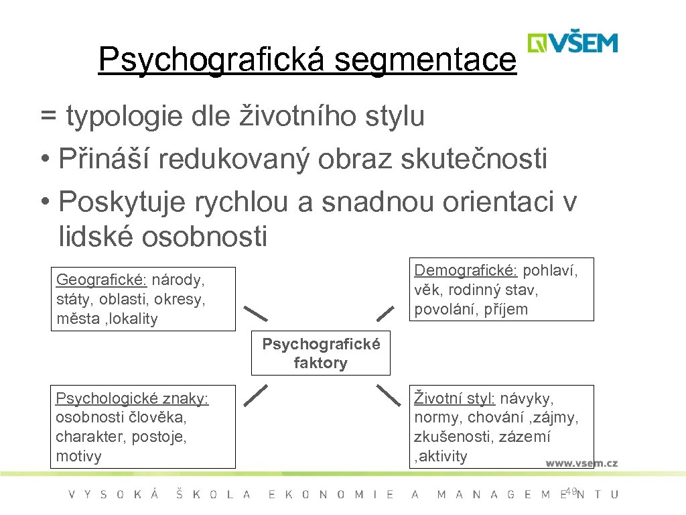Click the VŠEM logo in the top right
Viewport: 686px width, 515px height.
coord(572,42)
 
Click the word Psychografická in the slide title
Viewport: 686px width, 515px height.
coord(212,60)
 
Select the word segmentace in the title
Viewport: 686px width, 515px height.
coord(425,60)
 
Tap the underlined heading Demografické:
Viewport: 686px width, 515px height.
coord(466,270)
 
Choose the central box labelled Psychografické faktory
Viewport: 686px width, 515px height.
coord(321,353)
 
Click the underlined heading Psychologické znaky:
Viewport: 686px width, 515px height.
coord(132,398)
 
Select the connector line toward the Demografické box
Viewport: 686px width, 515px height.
coord(385,312)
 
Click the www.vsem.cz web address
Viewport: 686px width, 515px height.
coord(581,463)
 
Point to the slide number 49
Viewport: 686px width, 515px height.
coord(571,492)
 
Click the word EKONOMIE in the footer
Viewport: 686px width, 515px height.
coord(331,495)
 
